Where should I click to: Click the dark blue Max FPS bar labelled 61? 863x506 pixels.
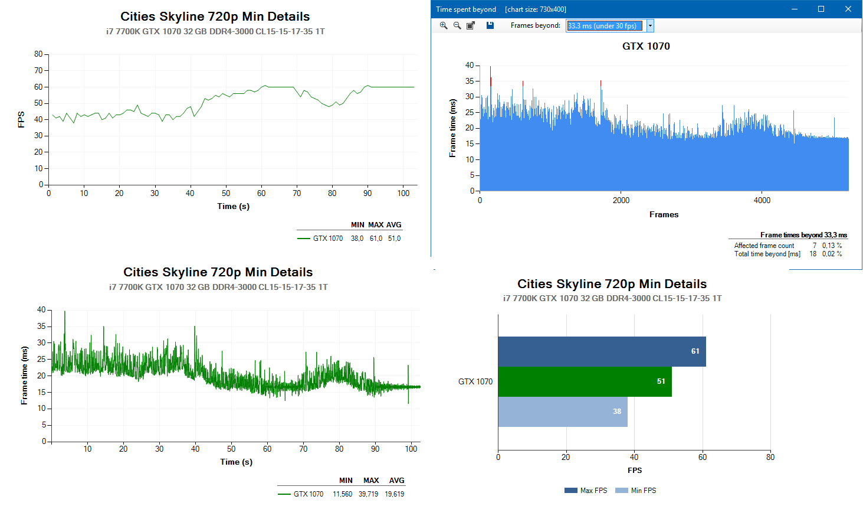pos(602,351)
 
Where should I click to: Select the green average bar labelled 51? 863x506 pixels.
pos(585,381)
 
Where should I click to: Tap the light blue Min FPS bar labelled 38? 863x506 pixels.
pos(562,412)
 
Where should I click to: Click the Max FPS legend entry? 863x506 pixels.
pos(586,491)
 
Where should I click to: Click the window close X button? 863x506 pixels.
pos(848,9)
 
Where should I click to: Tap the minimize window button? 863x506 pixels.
pos(794,9)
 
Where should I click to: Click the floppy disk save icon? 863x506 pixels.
pos(490,25)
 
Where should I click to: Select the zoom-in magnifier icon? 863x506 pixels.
pos(444,25)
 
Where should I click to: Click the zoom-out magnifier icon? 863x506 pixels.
pos(457,25)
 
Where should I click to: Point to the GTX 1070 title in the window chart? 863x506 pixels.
pos(646,46)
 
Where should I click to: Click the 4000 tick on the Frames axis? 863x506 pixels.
pos(762,200)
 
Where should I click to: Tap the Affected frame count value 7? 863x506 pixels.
pos(815,246)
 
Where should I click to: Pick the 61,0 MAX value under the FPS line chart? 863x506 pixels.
pos(376,239)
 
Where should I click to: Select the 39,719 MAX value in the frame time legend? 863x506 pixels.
pos(368,494)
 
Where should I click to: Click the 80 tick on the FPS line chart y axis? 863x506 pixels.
pos(38,54)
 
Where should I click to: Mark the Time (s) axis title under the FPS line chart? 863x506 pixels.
pos(233,206)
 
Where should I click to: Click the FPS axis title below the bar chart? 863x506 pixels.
pos(635,471)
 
